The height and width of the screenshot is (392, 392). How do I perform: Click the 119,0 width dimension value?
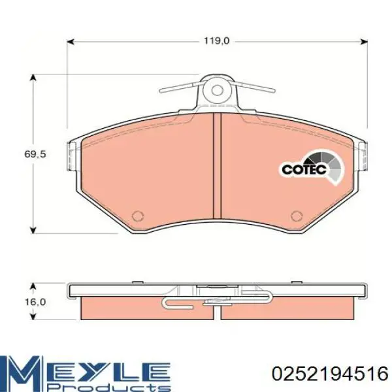pos(216,41)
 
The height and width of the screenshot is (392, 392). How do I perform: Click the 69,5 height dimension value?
pos(35,154)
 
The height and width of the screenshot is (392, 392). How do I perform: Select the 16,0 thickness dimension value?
pos(35,302)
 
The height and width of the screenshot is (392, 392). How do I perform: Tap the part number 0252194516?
pos(330,374)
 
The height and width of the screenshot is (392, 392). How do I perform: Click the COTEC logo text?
pos(304,170)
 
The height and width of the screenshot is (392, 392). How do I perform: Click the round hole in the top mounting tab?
pos(217,90)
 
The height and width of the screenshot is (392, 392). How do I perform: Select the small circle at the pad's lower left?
pos(138,216)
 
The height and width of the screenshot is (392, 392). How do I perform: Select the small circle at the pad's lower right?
pos(297,216)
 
